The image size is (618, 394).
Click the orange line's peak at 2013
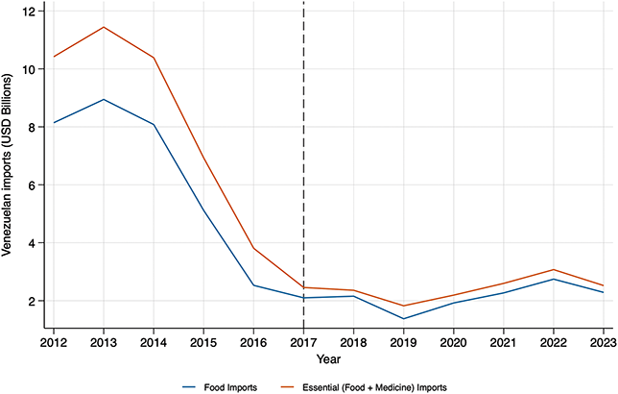pos(104,27)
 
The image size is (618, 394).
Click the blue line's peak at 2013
pos(104,100)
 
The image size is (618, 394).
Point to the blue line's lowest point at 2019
pos(404,319)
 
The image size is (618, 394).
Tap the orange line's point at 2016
pos(253,248)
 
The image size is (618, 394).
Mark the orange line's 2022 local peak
pos(554,270)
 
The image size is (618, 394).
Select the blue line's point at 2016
pos(253,285)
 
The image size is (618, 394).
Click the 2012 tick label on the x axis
pos(54,342)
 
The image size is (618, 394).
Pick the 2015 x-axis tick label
pos(203,342)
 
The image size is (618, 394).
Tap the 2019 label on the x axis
pos(404,342)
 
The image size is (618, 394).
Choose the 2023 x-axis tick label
pos(604,342)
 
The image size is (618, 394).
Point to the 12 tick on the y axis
pos(31,12)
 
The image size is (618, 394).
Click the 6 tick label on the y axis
pos(34,185)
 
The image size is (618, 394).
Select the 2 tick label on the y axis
pos(34,301)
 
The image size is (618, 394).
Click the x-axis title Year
pos(328,359)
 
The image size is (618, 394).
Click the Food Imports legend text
pos(230,387)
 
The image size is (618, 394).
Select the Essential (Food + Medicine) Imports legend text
pos(374,387)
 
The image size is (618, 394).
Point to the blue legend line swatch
pos(189,387)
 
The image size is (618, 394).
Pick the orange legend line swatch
pos(287,387)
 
